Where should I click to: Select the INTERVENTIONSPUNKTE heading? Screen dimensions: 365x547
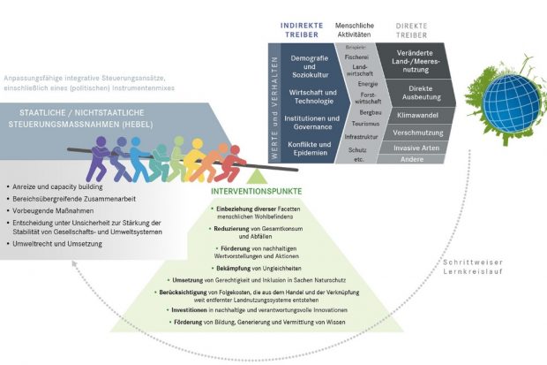pos(257,191)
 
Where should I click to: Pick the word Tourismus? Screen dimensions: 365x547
pos(357,125)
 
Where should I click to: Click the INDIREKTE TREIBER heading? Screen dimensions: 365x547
pos(302,28)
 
